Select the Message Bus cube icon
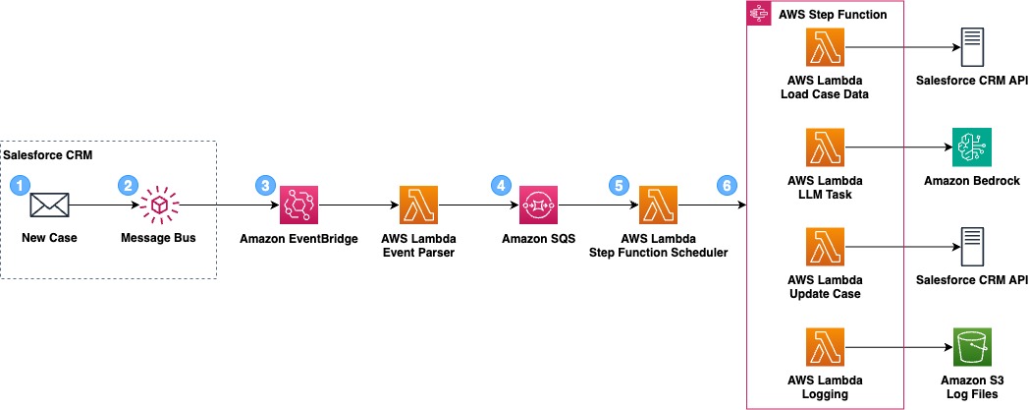pyautogui.click(x=157, y=205)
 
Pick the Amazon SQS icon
pyautogui.click(x=538, y=205)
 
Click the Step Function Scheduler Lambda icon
pyautogui.click(x=659, y=205)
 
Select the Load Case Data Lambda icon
pyautogui.click(x=825, y=47)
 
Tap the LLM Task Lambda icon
pyautogui.click(x=825, y=148)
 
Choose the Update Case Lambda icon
pyautogui.click(x=825, y=249)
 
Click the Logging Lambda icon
pyautogui.click(x=825, y=349)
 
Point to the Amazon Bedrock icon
pyautogui.click(x=972, y=148)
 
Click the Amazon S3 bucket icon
pyautogui.click(x=972, y=349)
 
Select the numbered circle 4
pyautogui.click(x=503, y=184)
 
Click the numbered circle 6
pyautogui.click(x=726, y=184)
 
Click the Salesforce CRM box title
pyautogui.click(x=41, y=156)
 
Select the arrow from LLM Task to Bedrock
pyautogui.click(x=897, y=148)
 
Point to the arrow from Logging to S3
pyautogui.click(x=897, y=349)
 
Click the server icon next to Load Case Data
pyautogui.click(x=972, y=47)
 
